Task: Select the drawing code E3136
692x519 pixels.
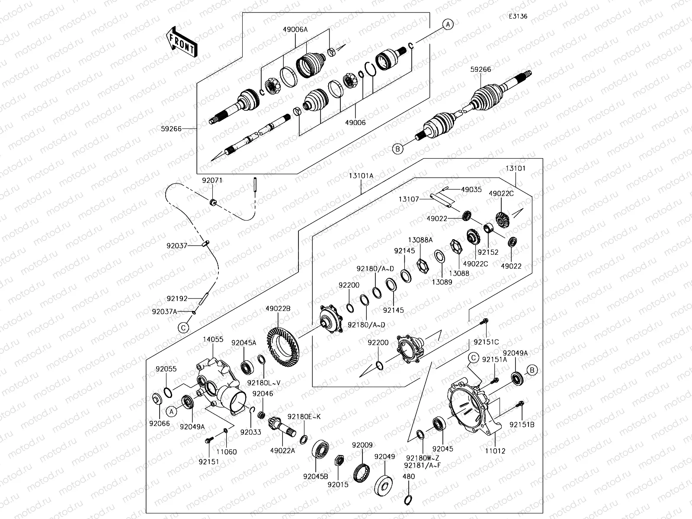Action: point(518,16)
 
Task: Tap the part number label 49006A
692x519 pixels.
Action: point(295,29)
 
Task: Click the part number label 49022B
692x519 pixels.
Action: point(278,308)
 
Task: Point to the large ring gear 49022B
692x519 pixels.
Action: point(284,346)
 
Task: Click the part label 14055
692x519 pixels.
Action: point(213,340)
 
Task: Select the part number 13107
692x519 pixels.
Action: point(408,199)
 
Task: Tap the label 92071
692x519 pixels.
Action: point(212,180)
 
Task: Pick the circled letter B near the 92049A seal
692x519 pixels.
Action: point(532,370)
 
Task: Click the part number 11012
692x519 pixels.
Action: point(495,451)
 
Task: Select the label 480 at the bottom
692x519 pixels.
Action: point(408,477)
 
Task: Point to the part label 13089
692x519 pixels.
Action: point(442,282)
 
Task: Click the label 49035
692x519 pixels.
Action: point(471,189)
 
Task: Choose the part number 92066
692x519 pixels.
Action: point(160,424)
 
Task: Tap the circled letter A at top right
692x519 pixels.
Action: point(449,25)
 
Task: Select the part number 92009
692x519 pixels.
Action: point(362,445)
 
